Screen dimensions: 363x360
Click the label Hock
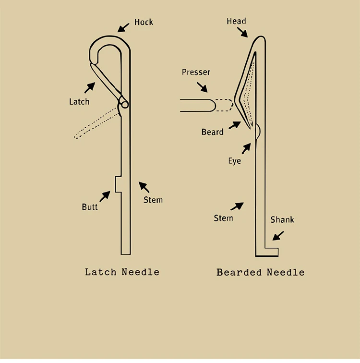(144, 22)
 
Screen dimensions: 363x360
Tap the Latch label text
(79, 101)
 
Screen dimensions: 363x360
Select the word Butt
(90, 207)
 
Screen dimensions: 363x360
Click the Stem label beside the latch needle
(153, 200)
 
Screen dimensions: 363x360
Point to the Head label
(236, 21)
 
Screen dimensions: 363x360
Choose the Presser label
(196, 73)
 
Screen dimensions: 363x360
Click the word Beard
(212, 132)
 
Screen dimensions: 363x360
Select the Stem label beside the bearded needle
(223, 218)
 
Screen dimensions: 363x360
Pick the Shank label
(282, 220)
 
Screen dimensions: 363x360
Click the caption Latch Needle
(122, 272)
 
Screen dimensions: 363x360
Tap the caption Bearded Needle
(260, 272)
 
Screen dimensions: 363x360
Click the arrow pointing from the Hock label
(124, 27)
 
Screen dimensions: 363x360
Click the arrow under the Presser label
(202, 86)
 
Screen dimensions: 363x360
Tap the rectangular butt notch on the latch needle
(118, 184)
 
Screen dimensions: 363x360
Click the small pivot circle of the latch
(124, 104)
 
